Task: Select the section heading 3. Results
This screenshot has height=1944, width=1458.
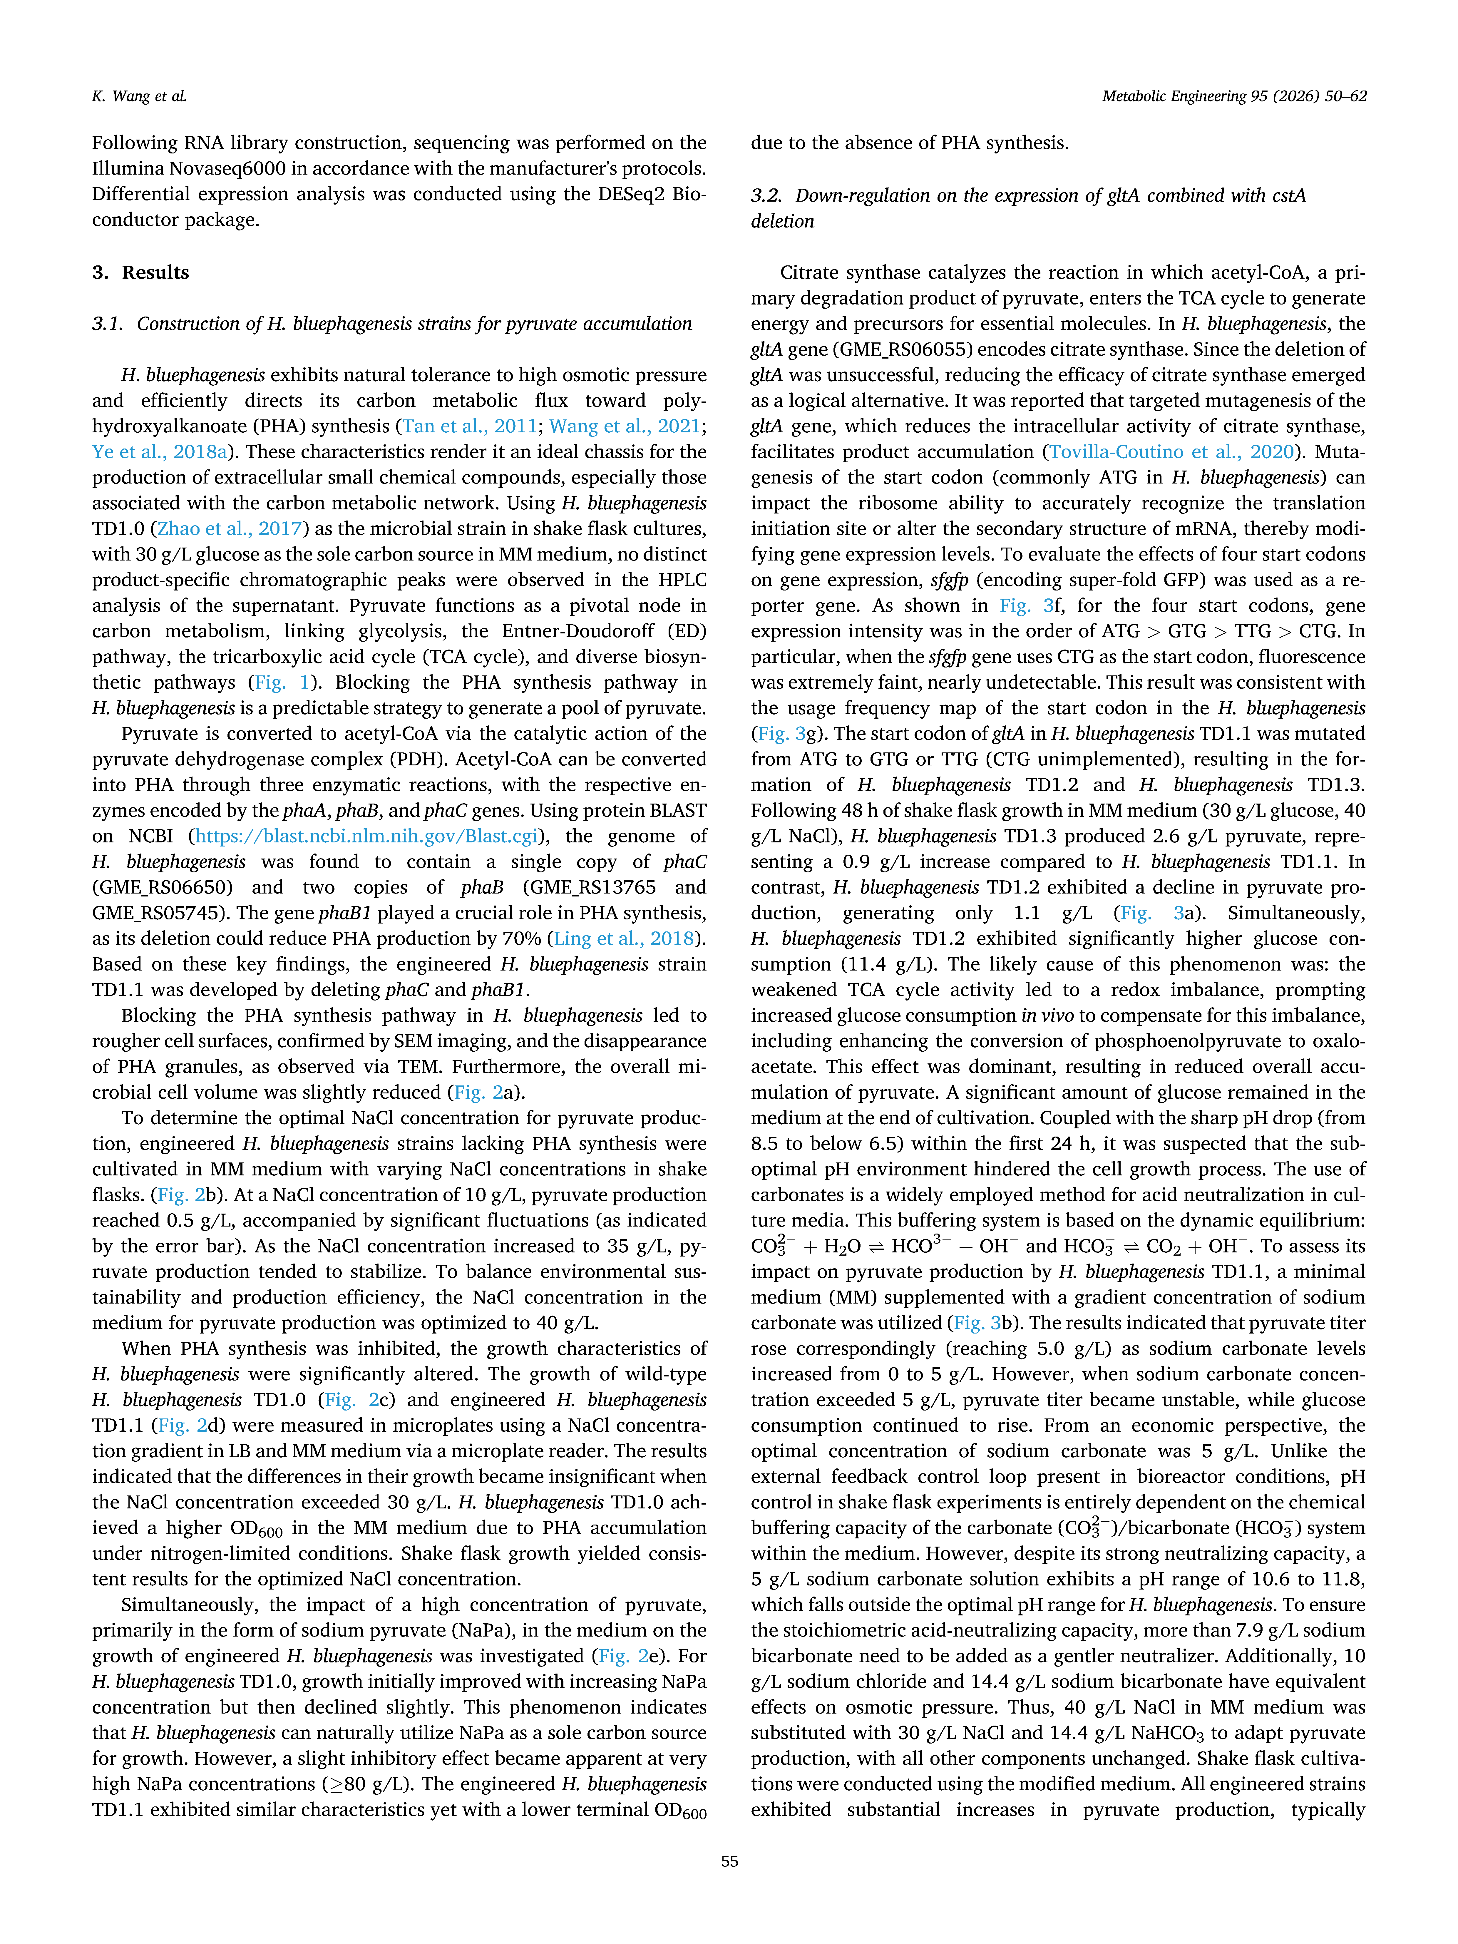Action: coord(140,272)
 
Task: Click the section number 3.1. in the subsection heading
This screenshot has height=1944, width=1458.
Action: coord(109,323)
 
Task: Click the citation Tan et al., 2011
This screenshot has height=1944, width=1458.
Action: coord(469,426)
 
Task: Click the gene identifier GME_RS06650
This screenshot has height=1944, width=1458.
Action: coord(163,888)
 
